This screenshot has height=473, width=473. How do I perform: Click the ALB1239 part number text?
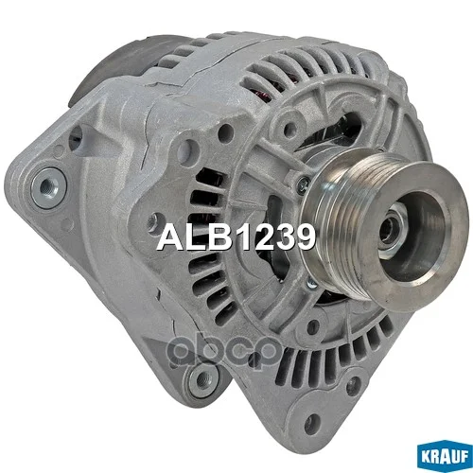pyautogui.click(x=236, y=237)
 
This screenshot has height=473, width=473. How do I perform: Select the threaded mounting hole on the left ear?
pyautogui.click(x=48, y=188)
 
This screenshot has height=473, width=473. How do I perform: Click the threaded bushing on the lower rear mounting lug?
pyautogui.click(x=202, y=379)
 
